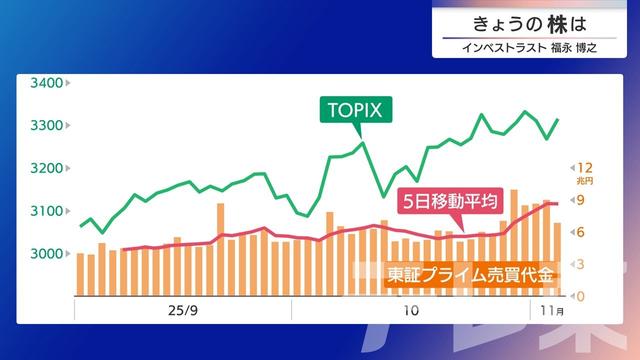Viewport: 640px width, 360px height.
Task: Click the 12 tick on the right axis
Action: pos(586,167)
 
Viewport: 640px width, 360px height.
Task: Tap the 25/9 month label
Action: pos(183,311)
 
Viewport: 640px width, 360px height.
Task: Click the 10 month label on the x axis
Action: pos(410,311)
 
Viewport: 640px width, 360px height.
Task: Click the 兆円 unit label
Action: pos(586,181)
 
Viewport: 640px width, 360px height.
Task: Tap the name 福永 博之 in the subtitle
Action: pos(573,47)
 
